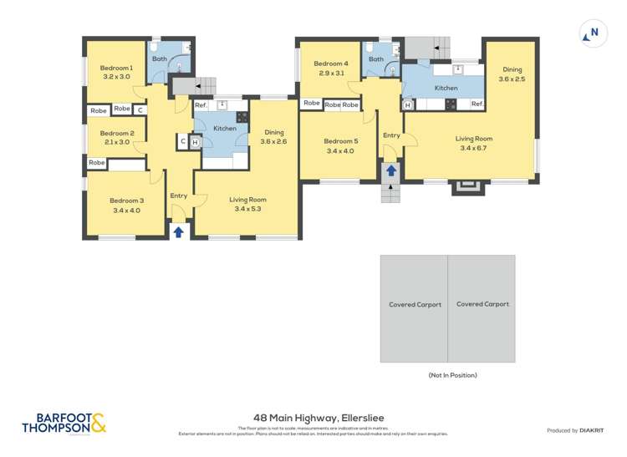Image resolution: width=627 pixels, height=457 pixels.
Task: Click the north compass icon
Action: tap(593, 34)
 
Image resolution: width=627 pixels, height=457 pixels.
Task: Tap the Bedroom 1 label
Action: tap(117, 68)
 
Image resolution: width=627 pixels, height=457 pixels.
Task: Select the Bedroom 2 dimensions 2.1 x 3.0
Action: tap(117, 142)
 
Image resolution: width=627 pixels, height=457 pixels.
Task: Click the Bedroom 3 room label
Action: tap(127, 201)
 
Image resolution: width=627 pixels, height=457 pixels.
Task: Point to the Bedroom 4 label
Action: tap(330, 63)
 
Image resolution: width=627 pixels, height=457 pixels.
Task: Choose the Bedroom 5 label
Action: tap(341, 141)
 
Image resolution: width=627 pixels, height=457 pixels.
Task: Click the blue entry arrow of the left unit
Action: tap(178, 231)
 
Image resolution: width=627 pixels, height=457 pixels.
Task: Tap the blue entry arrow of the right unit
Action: tap(391, 171)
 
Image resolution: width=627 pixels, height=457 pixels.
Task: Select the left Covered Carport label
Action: tap(414, 304)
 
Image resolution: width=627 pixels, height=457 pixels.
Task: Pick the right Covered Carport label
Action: tap(482, 304)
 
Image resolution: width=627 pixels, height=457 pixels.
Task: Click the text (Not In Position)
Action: tap(452, 375)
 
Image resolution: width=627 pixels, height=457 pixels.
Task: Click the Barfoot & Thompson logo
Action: tap(64, 423)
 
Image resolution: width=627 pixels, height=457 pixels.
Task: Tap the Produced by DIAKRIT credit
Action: tap(577, 430)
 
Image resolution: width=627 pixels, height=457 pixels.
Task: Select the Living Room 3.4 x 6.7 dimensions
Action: tap(473, 148)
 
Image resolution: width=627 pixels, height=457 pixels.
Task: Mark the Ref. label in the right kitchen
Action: tap(477, 104)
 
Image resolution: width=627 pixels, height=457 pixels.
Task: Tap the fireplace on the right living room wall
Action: tap(467, 187)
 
